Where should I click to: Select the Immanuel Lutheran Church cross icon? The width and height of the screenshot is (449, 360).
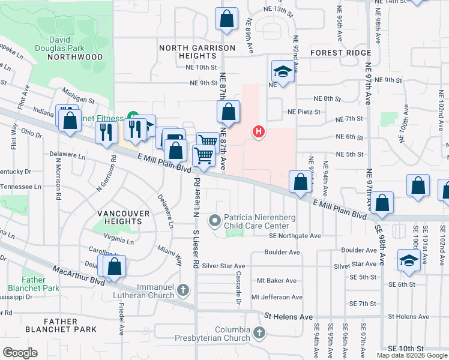(184, 292)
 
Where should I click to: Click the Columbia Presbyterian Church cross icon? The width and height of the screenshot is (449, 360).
(259, 332)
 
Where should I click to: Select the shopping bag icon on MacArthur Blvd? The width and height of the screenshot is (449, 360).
(114, 266)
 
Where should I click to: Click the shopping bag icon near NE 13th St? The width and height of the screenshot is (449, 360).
(226, 19)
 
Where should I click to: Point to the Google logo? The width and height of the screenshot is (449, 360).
(20, 353)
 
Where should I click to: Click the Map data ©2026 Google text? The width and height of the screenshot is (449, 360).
(412, 355)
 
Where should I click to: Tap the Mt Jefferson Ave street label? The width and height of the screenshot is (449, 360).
(277, 297)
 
